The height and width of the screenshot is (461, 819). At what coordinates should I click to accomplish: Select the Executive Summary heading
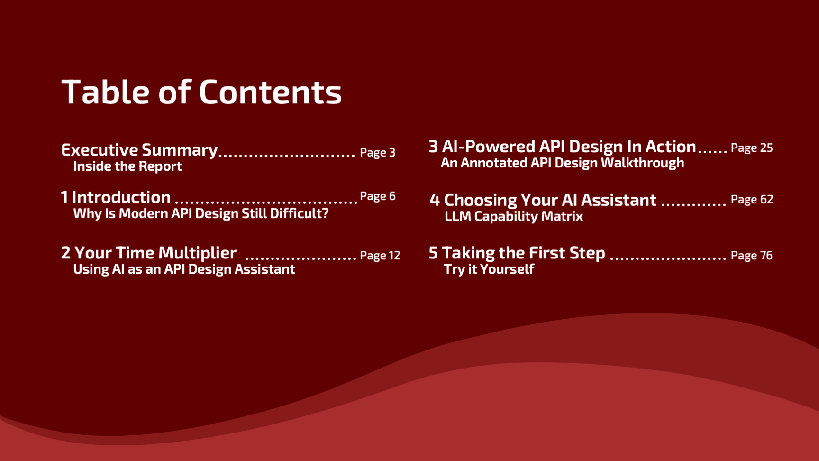pos(139,150)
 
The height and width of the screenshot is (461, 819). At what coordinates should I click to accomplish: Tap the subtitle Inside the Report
pos(127,166)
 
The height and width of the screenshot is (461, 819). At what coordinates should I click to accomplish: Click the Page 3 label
pos(377,153)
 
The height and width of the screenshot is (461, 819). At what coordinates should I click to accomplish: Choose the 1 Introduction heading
pos(116,197)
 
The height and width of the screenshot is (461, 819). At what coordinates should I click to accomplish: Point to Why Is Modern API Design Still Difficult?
pos(201,213)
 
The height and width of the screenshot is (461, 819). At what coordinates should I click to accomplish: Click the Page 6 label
pos(377,196)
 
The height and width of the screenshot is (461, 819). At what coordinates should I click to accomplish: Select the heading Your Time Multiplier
pos(155,253)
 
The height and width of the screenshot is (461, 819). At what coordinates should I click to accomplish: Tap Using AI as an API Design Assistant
pos(184,269)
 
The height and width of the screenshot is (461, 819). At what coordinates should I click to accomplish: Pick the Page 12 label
pos(380,256)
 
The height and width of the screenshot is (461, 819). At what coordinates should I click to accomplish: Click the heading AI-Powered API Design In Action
pos(569,147)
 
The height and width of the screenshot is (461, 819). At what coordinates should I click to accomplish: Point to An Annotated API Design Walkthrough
pos(563,163)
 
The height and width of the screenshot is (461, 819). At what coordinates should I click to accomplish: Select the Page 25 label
pos(752,148)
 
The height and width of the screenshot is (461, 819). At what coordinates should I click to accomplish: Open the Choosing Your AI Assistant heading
pos(550,200)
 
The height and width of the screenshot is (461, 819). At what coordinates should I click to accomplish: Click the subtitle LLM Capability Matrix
pos(514,216)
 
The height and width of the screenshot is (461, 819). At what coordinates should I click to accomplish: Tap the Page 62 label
pos(752,200)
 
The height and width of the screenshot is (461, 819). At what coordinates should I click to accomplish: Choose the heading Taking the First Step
pos(523,253)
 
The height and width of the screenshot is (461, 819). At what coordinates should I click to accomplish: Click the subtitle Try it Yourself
pos(489,269)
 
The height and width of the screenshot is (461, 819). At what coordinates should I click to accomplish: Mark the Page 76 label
pos(752,256)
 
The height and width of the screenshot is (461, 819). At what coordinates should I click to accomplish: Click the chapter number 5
pos(433,253)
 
